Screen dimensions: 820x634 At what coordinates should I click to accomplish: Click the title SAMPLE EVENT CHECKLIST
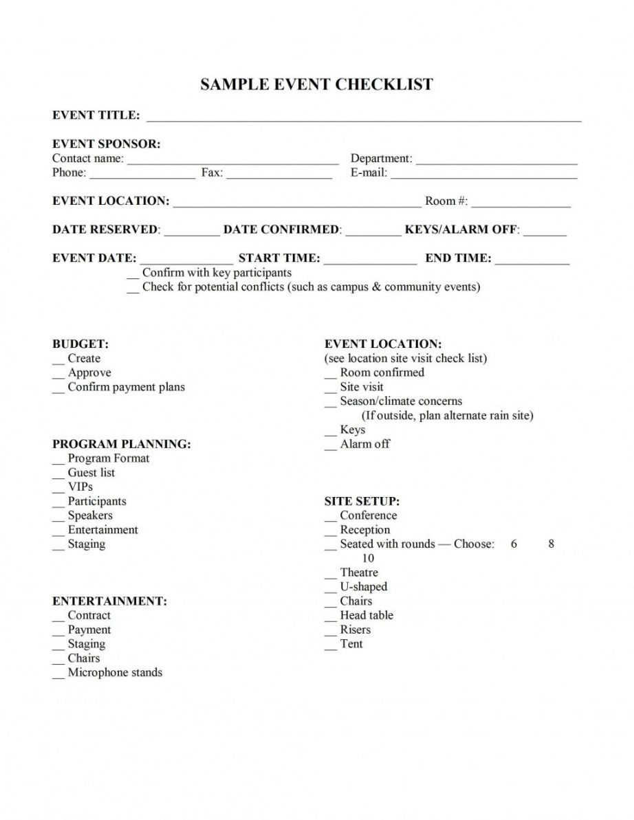316,85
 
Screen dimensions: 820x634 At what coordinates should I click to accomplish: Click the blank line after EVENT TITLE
364,117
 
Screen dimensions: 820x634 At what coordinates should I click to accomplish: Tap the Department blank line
496,161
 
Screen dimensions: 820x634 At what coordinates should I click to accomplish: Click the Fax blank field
279,175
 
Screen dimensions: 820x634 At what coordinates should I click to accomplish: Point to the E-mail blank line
484,175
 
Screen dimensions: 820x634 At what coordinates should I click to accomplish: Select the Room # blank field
521,203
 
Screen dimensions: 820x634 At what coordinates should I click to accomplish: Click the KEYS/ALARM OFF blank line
545,232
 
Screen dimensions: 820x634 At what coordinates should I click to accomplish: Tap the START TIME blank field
370,261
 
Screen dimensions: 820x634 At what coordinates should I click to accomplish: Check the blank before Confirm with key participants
133,276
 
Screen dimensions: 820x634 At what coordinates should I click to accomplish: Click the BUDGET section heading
80,344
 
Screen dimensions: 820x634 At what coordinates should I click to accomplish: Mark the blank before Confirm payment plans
58,390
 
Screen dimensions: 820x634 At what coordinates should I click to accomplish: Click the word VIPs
80,487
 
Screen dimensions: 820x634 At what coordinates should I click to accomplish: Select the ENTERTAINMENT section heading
110,601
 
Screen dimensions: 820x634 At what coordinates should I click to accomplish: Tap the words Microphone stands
115,673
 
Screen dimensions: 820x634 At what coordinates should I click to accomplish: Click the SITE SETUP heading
362,502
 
